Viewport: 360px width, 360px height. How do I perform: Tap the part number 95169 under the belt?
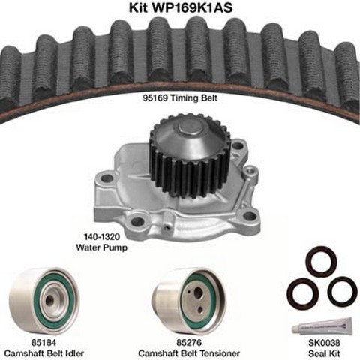(x=155, y=97)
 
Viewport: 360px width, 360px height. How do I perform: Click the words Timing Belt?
(x=193, y=97)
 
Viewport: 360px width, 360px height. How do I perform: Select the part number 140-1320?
(x=102, y=236)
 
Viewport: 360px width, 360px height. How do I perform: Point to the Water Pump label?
(x=102, y=247)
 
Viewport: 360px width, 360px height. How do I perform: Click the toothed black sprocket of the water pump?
(x=190, y=160)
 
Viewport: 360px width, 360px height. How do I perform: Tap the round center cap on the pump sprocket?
(x=190, y=130)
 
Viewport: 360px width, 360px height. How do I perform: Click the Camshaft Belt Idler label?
(x=44, y=353)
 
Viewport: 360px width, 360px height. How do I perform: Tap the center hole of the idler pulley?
(x=50, y=298)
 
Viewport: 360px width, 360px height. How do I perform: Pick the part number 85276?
(x=189, y=342)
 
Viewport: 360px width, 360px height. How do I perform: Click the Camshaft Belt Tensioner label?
(x=189, y=353)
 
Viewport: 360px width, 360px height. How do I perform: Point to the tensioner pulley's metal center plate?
(x=196, y=301)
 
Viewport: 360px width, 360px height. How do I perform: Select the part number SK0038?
(x=324, y=342)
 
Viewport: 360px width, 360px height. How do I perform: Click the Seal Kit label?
(x=324, y=353)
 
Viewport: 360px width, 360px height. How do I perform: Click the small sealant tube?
(x=322, y=325)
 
